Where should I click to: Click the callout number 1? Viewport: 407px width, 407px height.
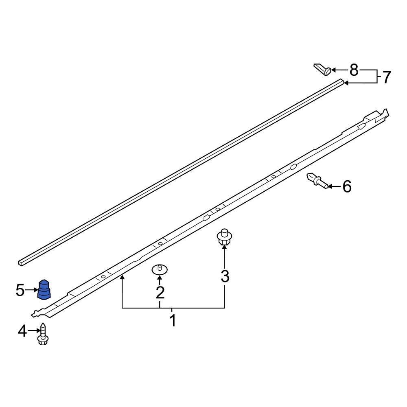coord(173,321)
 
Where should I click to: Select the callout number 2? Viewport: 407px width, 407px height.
coord(160,292)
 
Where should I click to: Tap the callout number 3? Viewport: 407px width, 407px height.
coord(225,276)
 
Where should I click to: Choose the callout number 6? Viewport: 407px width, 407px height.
coord(346,187)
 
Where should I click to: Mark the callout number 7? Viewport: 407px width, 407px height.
coord(386,77)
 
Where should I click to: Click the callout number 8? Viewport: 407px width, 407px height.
coord(354,70)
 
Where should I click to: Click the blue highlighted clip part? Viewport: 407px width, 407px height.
coord(44,289)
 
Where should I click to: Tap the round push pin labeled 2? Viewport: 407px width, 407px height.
coord(160,269)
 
